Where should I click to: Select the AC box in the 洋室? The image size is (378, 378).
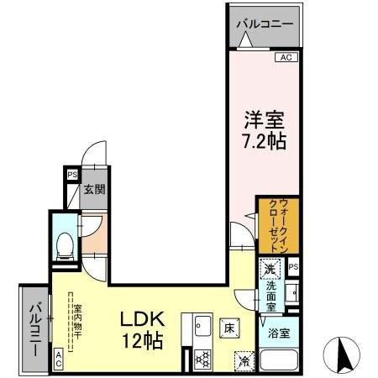pos(286,57)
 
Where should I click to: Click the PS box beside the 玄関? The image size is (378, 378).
pos(72,176)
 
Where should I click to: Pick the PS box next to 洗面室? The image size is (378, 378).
pos(292,267)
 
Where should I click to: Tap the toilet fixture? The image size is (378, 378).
pos(64,243)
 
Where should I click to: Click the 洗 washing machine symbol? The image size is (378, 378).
pos(270,270)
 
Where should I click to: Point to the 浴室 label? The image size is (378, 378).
pos(279,333)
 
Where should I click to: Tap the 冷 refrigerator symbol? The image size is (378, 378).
pos(244,361)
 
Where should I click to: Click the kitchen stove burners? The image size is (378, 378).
pos(202,359)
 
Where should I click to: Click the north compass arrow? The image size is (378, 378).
pos(345,354)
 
